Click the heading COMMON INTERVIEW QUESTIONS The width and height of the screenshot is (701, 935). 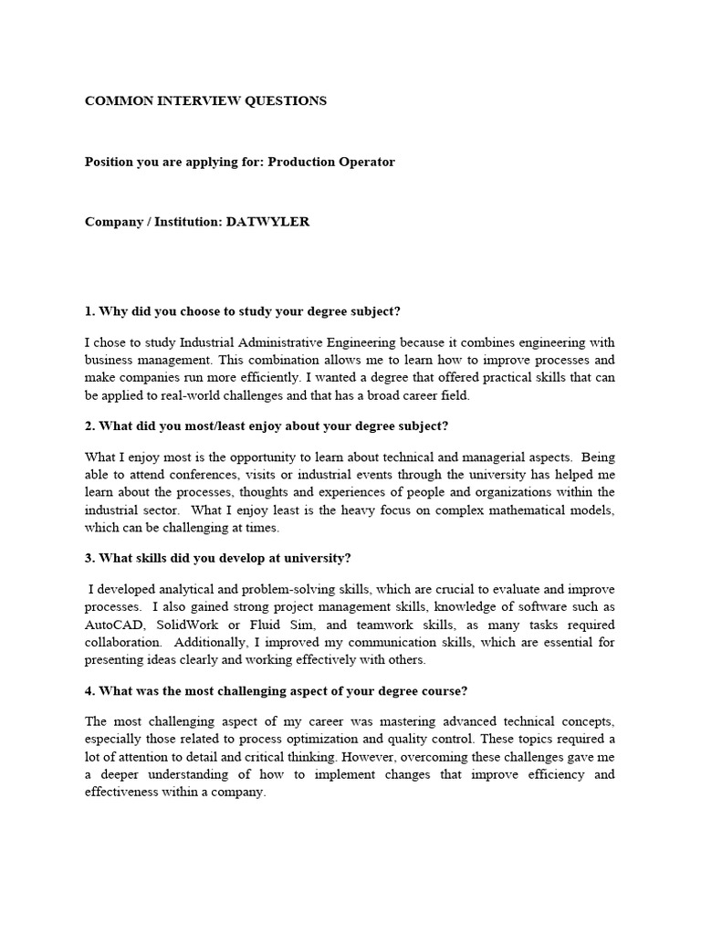(x=205, y=101)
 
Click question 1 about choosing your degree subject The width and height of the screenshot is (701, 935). (x=243, y=311)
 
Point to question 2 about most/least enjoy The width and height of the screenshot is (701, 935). (x=267, y=426)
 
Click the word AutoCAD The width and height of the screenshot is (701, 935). (x=117, y=625)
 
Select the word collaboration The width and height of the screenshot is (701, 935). (x=125, y=642)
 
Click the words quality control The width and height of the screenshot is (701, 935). (x=470, y=739)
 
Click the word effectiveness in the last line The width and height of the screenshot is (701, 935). (x=128, y=792)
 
